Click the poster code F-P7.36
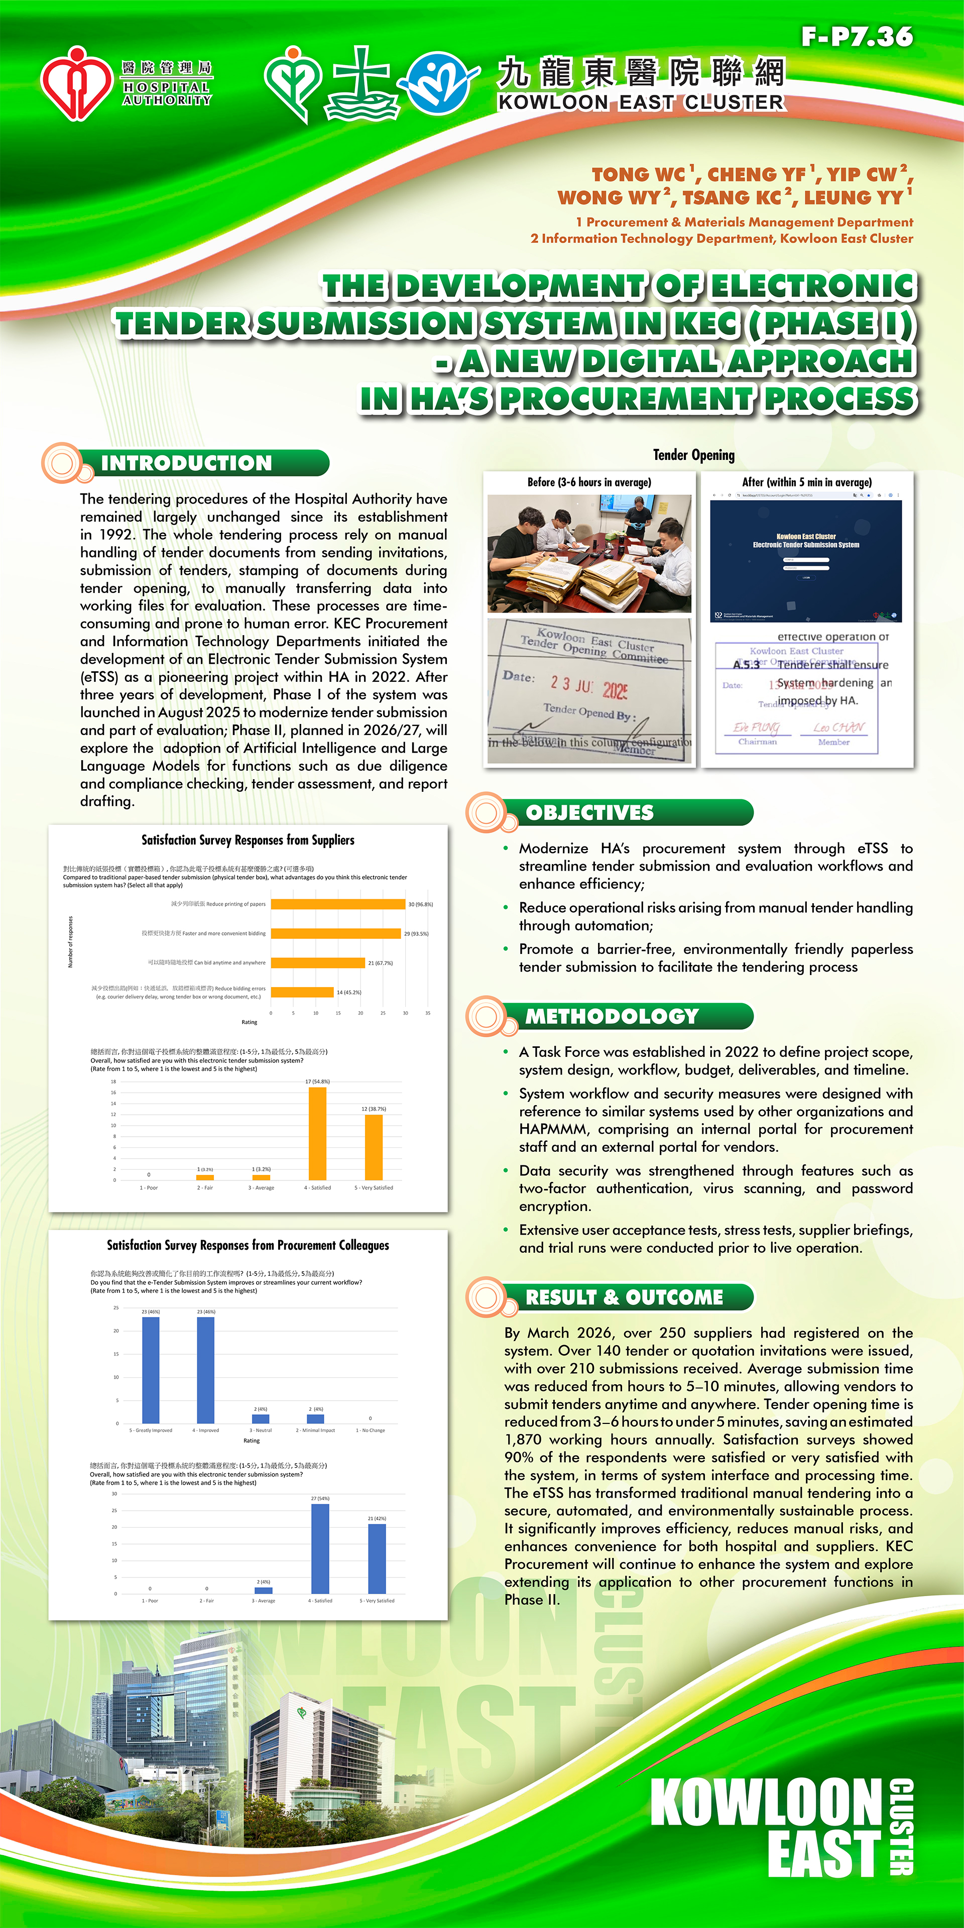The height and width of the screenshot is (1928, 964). pyautogui.click(x=857, y=36)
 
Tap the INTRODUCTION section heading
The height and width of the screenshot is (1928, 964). pyautogui.click(x=186, y=463)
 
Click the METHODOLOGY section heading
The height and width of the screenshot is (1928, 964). pyautogui.click(x=612, y=1016)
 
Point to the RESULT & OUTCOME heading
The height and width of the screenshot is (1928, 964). pyautogui.click(x=624, y=1297)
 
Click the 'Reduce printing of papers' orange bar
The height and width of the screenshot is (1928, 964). pyautogui.click(x=337, y=904)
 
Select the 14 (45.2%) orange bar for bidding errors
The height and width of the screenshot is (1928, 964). pyautogui.click(x=302, y=993)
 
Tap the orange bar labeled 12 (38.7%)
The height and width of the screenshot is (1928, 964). pyautogui.click(x=374, y=1147)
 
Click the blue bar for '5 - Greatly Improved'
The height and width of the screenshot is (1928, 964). pyautogui.click(x=151, y=1370)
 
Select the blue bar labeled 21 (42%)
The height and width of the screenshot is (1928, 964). pyautogui.click(x=377, y=1559)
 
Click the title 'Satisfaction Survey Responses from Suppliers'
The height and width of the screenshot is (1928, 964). pyautogui.click(x=248, y=840)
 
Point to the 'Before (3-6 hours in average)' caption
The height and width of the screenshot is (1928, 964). pyautogui.click(x=589, y=483)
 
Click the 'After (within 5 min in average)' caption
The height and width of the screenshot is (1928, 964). pyautogui.click(x=807, y=483)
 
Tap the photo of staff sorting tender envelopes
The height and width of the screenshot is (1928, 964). pyautogui.click(x=589, y=553)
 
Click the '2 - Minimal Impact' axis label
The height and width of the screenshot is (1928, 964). pyautogui.click(x=315, y=1430)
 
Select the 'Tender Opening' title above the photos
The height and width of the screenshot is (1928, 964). pyautogui.click(x=694, y=455)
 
